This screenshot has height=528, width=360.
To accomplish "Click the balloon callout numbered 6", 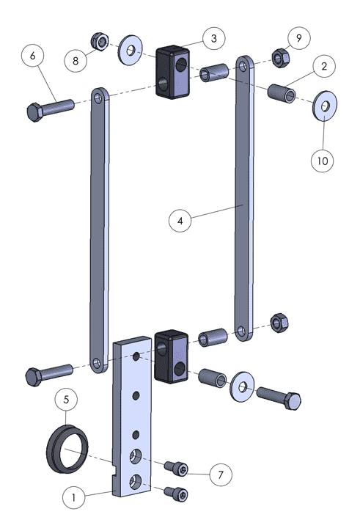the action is click(x=32, y=56).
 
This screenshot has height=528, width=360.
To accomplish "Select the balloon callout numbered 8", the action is click(x=76, y=61).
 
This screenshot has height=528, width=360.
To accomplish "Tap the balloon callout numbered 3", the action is click(x=214, y=38).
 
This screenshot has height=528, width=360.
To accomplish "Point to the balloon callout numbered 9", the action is click(x=299, y=38).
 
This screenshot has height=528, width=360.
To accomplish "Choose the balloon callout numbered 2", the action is click(x=324, y=66).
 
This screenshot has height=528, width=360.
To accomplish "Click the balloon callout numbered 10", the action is click(x=323, y=161).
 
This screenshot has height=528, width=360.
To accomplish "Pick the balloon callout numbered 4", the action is click(x=180, y=221).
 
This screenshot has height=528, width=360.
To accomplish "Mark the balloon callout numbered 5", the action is click(x=66, y=400).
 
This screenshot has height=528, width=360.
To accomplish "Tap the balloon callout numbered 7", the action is click(x=221, y=474).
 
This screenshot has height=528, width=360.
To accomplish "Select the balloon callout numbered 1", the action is click(x=74, y=497).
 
